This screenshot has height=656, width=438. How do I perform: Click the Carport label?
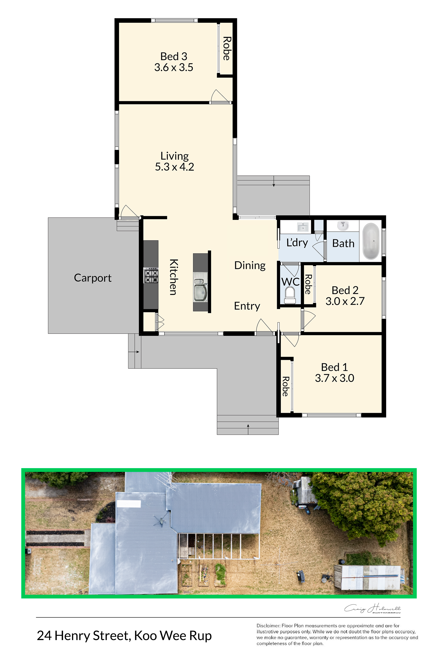coord(92,278)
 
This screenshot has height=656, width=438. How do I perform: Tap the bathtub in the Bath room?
coord(371,241)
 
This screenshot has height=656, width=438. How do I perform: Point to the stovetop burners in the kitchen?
coord(151,276)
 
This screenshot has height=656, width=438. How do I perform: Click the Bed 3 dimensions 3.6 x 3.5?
coord(174,67)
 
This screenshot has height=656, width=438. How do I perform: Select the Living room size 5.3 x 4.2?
coord(175,167)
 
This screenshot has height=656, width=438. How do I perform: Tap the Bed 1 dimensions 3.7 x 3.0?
coord(335,378)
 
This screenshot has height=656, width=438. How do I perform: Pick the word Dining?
coord(250,266)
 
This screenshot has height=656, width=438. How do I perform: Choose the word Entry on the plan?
coord(247,306)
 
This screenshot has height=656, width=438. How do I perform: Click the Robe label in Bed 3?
coord(226,48)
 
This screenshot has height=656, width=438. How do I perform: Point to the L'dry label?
coord(297,243)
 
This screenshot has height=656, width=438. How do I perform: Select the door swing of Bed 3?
coord(221,96)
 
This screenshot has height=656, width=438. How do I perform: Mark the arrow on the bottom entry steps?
coord(248,429)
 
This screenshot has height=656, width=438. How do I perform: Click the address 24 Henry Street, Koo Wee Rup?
coord(124,636)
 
